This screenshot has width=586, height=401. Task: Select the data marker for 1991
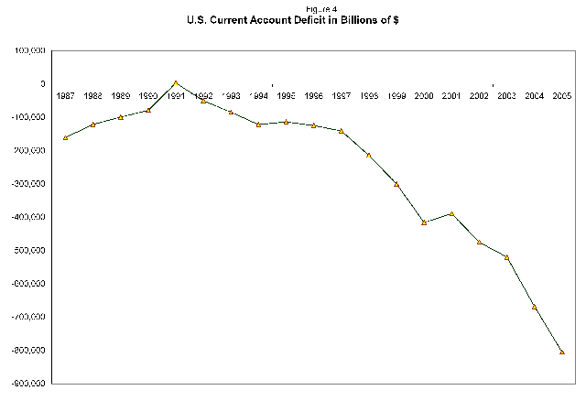176,83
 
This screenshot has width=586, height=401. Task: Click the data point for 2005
562,352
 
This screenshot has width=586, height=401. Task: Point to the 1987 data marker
66,137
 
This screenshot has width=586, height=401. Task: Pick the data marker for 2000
424,222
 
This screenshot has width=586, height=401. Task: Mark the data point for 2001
451,213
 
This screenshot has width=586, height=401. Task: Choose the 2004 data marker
534,307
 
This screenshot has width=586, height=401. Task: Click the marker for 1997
341,131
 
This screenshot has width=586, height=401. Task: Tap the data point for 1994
258,125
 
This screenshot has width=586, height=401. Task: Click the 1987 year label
66,95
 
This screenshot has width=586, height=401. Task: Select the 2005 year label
562,95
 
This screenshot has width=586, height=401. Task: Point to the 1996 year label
313,95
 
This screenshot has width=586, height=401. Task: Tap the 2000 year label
424,95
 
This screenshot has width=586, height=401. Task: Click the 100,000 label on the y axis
32,50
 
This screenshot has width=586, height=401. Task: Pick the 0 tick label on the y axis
42,83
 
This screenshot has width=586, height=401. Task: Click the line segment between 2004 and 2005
548,330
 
